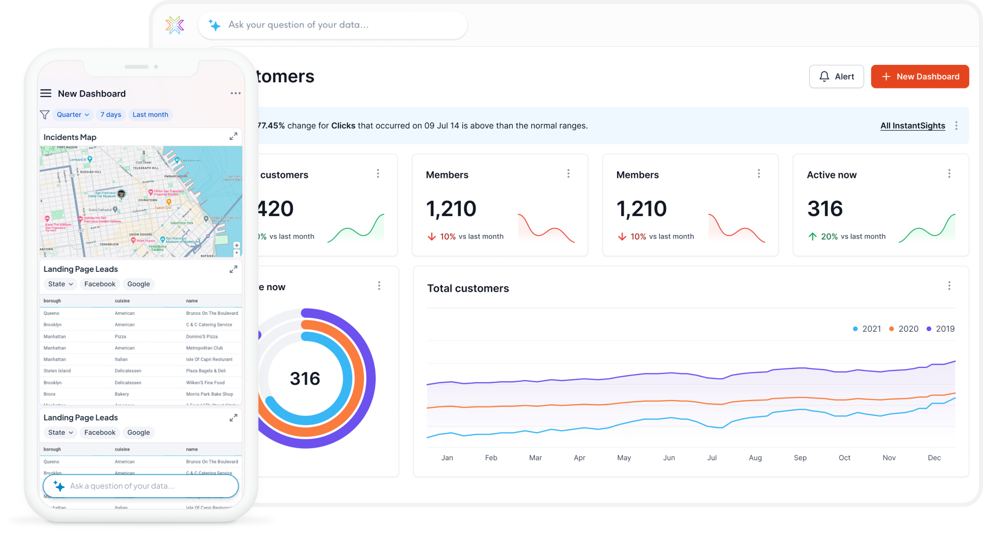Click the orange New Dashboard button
(x=920, y=77)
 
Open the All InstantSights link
(x=912, y=126)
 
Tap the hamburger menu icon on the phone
(x=45, y=93)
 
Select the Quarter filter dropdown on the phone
(x=73, y=114)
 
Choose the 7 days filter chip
(x=110, y=114)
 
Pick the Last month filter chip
(x=150, y=114)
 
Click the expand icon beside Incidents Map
(x=233, y=136)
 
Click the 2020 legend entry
(x=904, y=329)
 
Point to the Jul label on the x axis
(x=712, y=458)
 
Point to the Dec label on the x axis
(x=934, y=458)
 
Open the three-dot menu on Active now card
(x=949, y=174)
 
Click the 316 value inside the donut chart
(x=305, y=379)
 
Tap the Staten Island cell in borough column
(x=57, y=371)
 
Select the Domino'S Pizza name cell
(x=202, y=336)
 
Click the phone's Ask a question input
(x=141, y=486)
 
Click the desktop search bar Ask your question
(x=332, y=25)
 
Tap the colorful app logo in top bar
(x=175, y=25)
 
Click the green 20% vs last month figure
(x=829, y=237)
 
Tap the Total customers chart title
(x=468, y=288)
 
